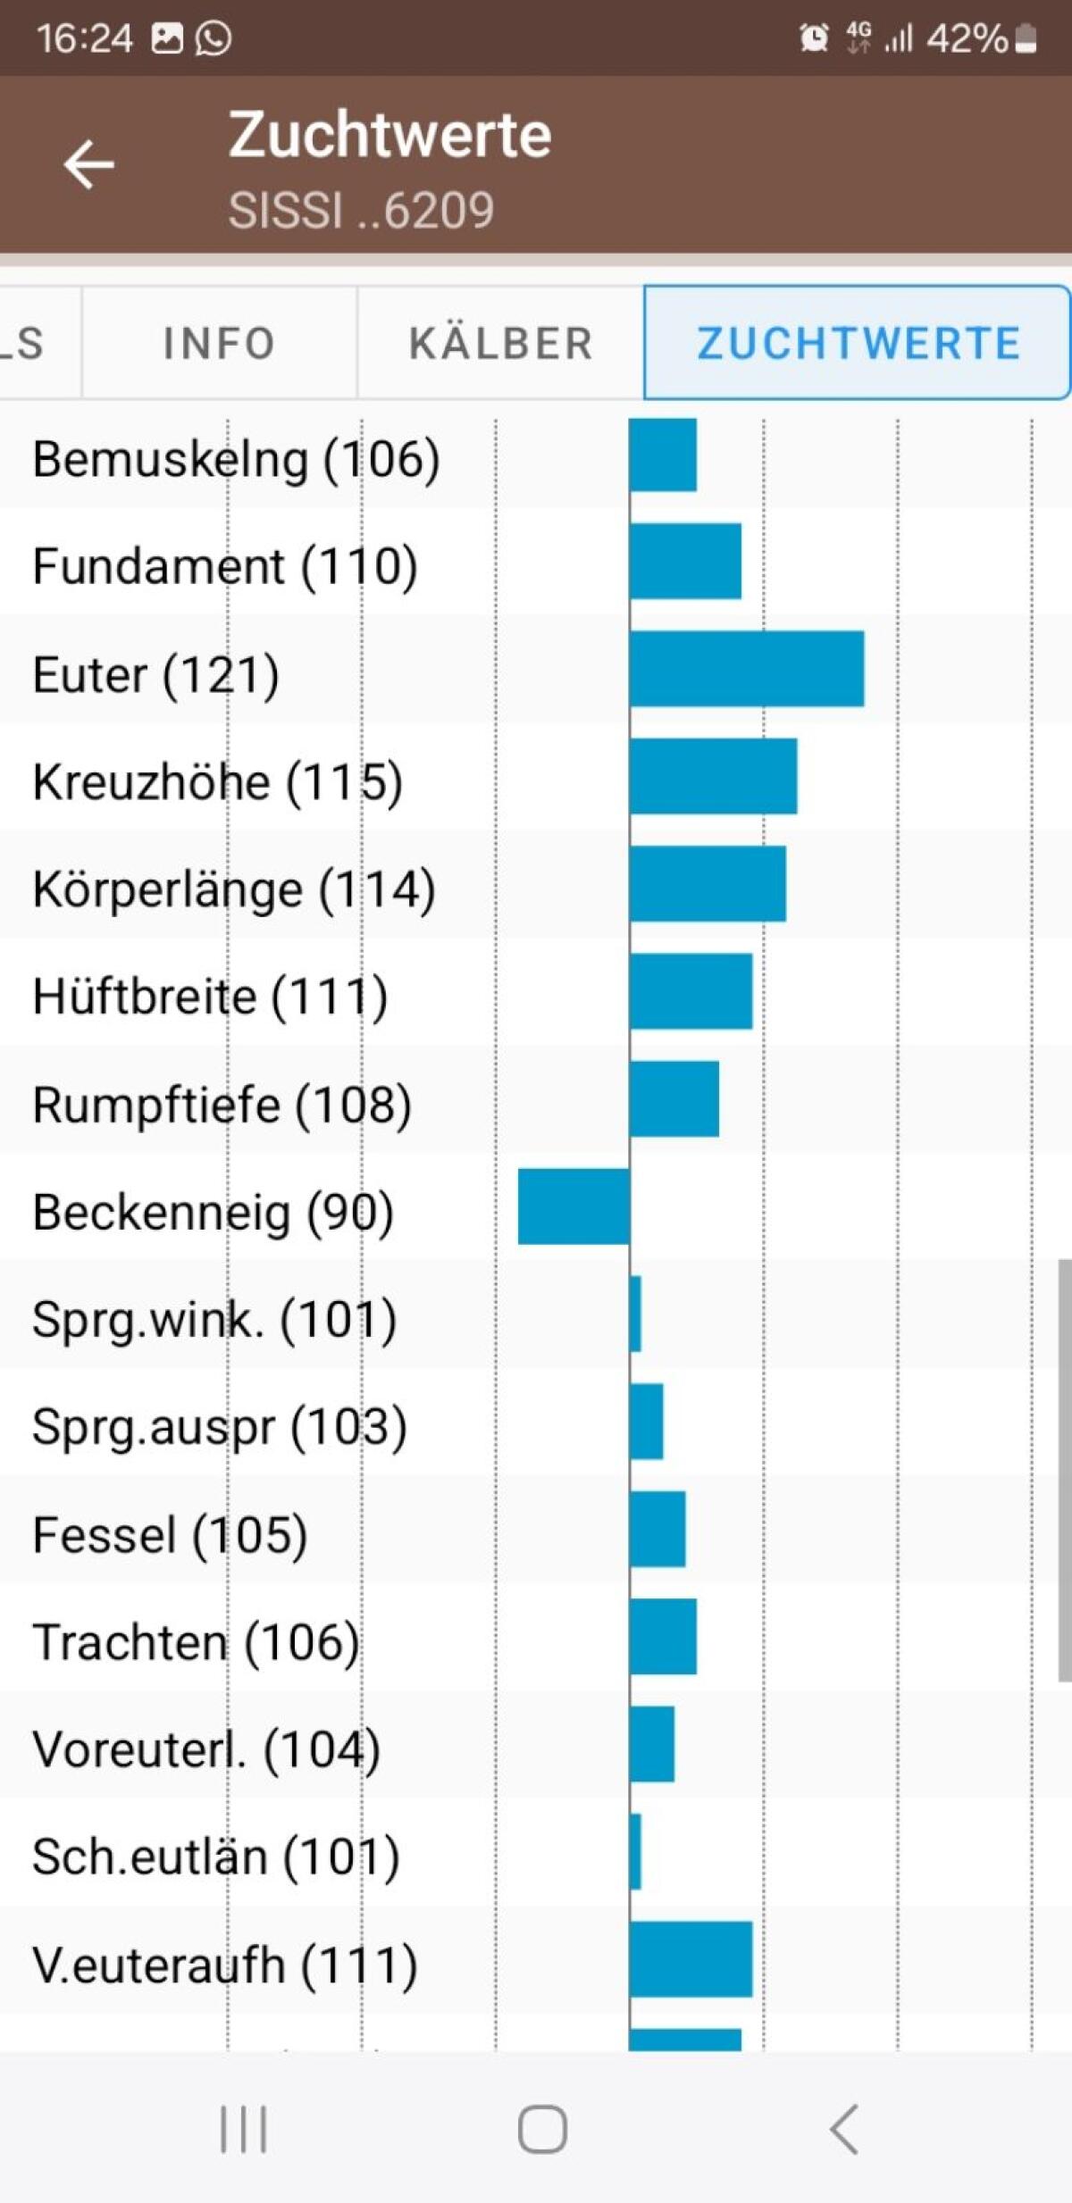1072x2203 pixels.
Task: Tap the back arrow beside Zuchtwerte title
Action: click(88, 164)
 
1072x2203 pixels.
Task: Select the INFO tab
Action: click(219, 344)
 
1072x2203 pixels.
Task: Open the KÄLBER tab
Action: click(500, 344)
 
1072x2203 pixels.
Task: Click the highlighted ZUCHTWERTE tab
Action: click(858, 344)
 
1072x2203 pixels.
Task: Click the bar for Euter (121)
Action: click(747, 669)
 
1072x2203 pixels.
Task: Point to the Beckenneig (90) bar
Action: click(574, 1206)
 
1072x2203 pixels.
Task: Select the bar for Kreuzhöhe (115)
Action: click(713, 776)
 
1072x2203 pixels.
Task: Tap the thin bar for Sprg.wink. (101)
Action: click(635, 1314)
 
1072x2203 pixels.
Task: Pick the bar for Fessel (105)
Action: click(657, 1529)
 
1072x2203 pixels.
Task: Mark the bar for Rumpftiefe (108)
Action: click(674, 1098)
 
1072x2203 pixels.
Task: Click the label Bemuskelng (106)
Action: click(236, 460)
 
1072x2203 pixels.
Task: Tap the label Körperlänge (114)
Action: click(234, 890)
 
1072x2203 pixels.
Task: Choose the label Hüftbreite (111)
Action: click(210, 997)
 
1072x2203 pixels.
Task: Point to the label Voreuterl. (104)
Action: click(206, 1749)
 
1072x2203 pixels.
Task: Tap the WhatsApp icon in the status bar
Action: click(214, 38)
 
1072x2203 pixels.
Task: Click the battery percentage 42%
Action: click(967, 38)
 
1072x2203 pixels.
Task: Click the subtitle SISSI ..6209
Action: click(361, 211)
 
